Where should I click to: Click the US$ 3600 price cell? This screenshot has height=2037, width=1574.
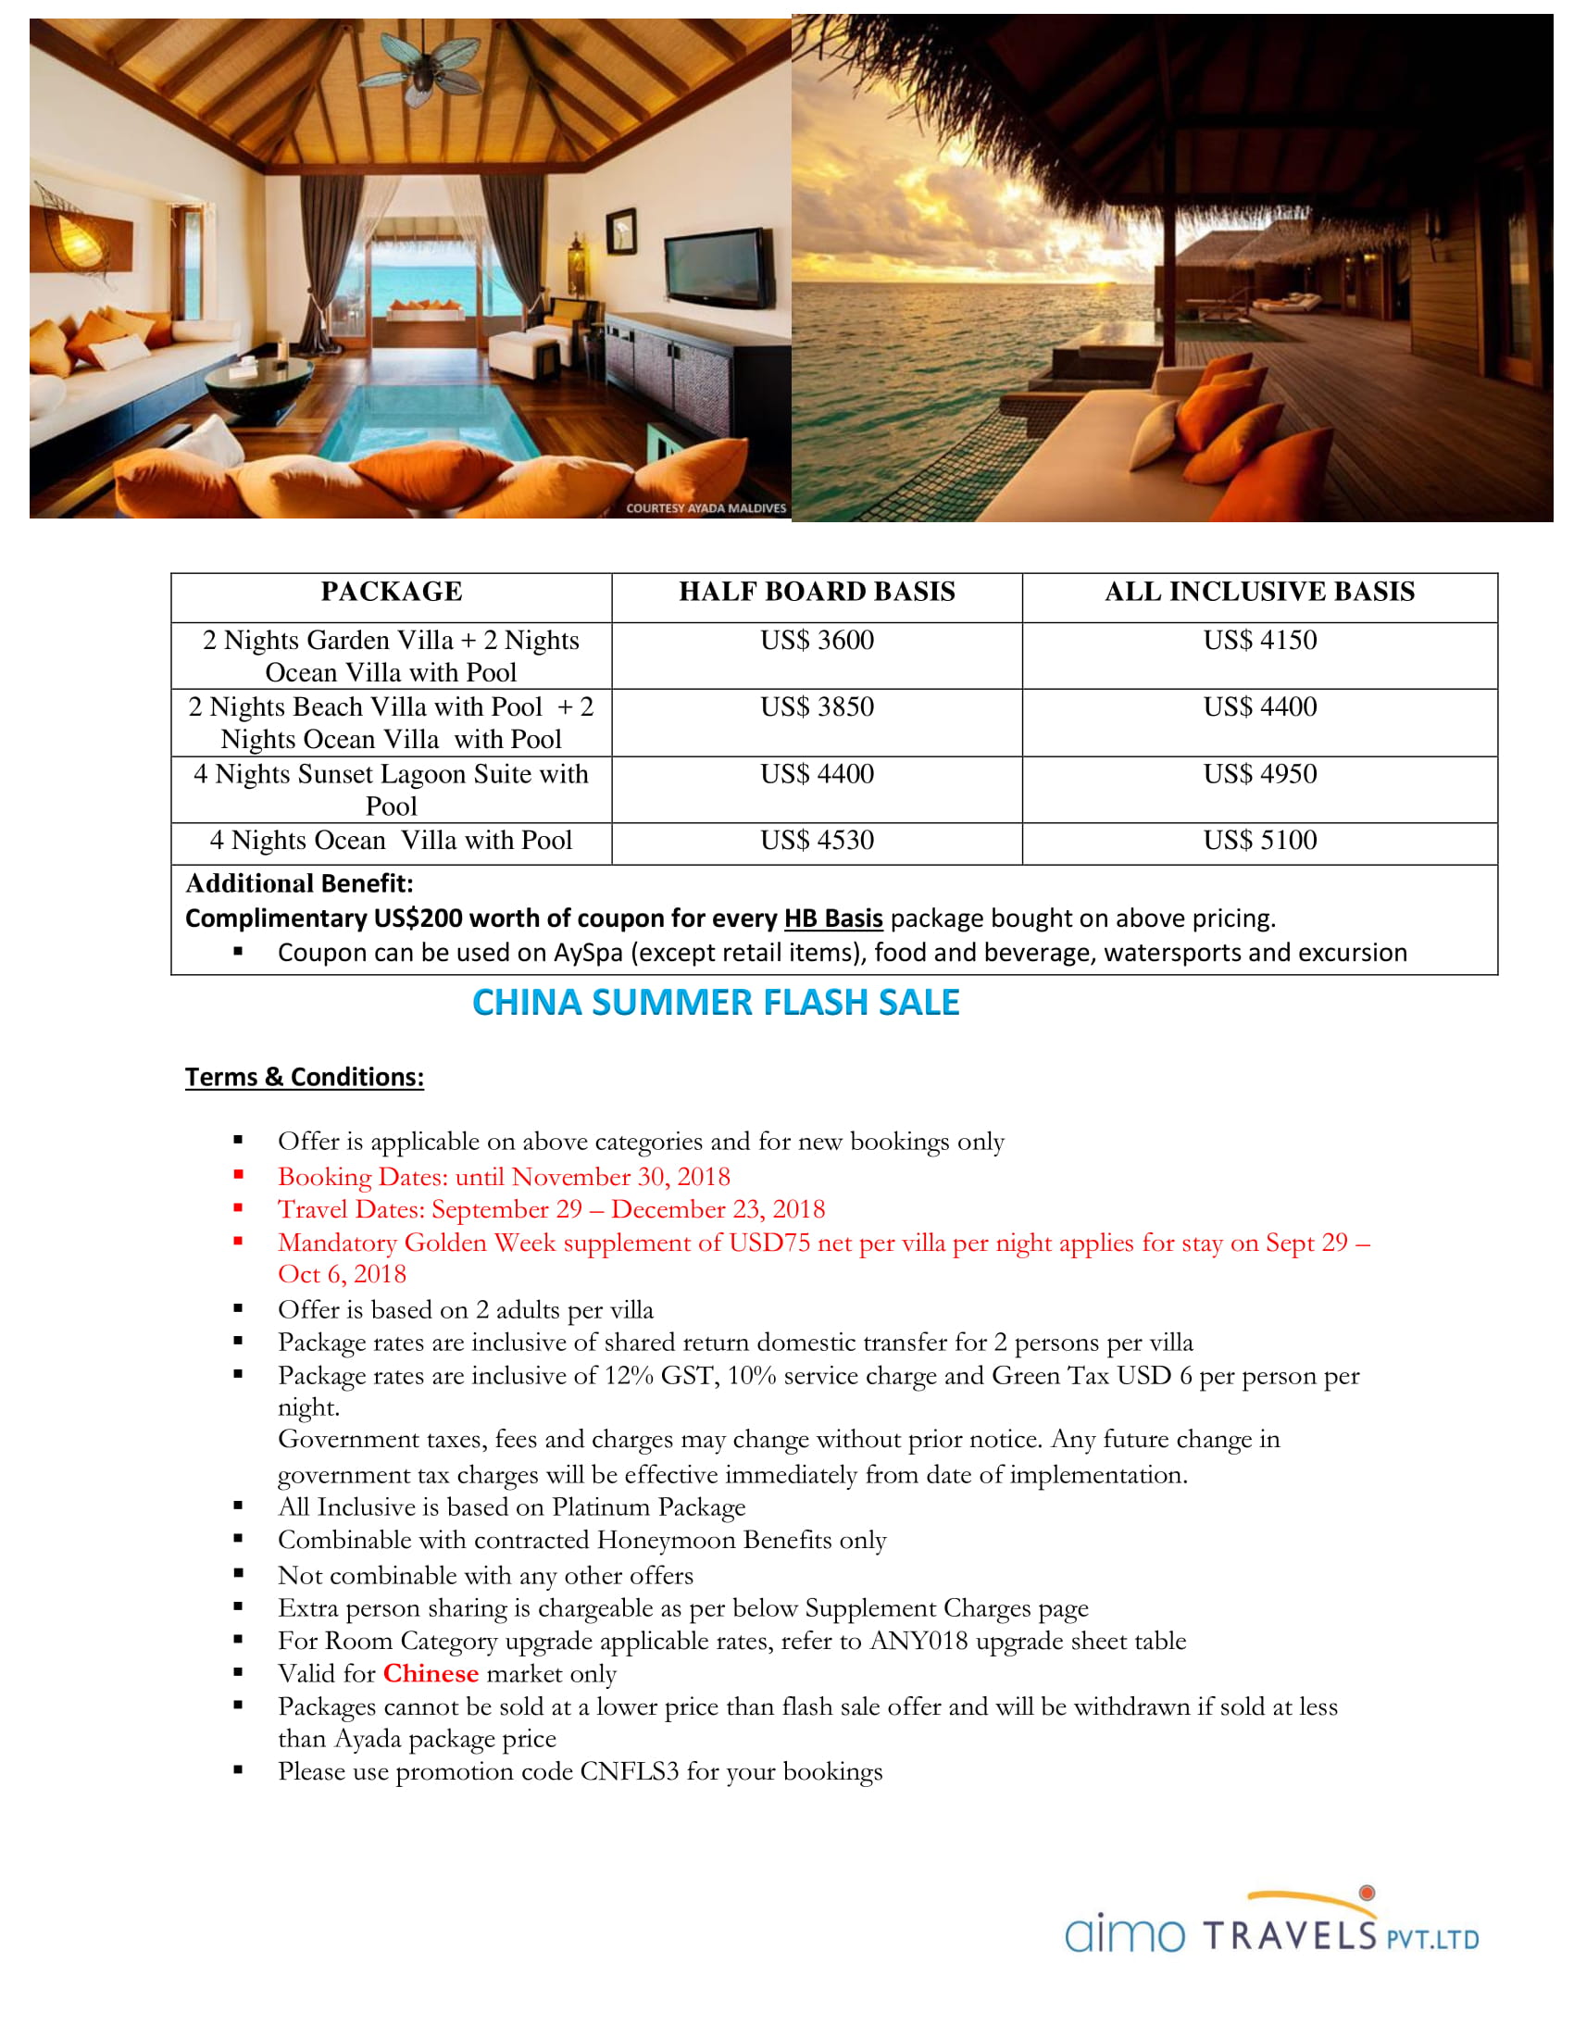click(x=817, y=641)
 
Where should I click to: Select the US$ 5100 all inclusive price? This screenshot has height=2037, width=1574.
click(x=1260, y=841)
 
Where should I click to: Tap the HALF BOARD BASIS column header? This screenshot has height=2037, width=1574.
click(x=817, y=593)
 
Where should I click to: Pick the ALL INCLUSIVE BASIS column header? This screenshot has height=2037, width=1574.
click(x=1260, y=593)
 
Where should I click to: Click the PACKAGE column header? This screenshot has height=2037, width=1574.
click(x=392, y=593)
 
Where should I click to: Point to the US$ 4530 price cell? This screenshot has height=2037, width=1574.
click(x=817, y=841)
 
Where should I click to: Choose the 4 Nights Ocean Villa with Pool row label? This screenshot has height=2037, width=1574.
click(x=392, y=841)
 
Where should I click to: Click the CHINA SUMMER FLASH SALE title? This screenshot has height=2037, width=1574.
click(x=715, y=1003)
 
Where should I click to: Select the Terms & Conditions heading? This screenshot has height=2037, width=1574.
click(x=304, y=1077)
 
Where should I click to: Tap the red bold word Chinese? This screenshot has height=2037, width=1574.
click(x=431, y=1673)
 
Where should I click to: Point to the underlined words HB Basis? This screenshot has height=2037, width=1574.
click(x=832, y=919)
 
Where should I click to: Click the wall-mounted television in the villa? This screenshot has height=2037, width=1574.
click(x=718, y=270)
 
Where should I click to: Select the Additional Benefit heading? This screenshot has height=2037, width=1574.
click(x=299, y=883)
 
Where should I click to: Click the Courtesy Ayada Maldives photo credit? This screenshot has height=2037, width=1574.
click(x=706, y=508)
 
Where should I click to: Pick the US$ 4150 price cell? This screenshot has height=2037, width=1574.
click(x=1260, y=641)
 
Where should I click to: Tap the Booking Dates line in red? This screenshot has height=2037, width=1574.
click(x=504, y=1177)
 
